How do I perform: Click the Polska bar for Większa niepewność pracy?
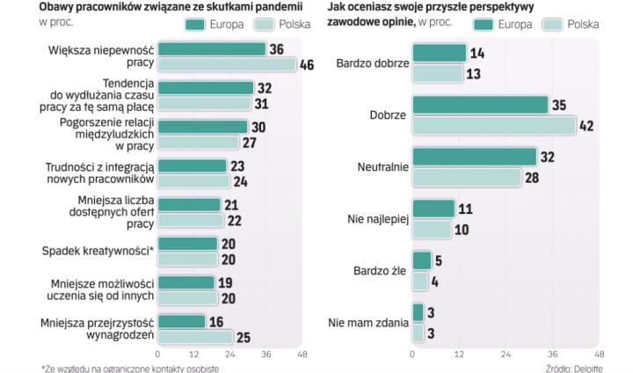pyautogui.click(x=227, y=65)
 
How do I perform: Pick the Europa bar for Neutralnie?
pyautogui.click(x=474, y=157)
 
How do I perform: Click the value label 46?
pyautogui.click(x=307, y=65)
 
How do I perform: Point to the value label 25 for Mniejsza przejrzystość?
pyautogui.click(x=243, y=336)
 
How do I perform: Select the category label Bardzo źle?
pyautogui.click(x=377, y=270)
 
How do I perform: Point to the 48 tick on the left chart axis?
pyautogui.click(x=302, y=354)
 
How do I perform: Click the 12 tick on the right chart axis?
pyautogui.click(x=459, y=354)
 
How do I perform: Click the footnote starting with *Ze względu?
pyautogui.click(x=129, y=368)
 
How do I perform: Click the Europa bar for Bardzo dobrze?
pyautogui.click(x=439, y=53)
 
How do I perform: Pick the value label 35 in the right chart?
pyautogui.click(x=558, y=106)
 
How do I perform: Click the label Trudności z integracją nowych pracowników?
pyautogui.click(x=99, y=173)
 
